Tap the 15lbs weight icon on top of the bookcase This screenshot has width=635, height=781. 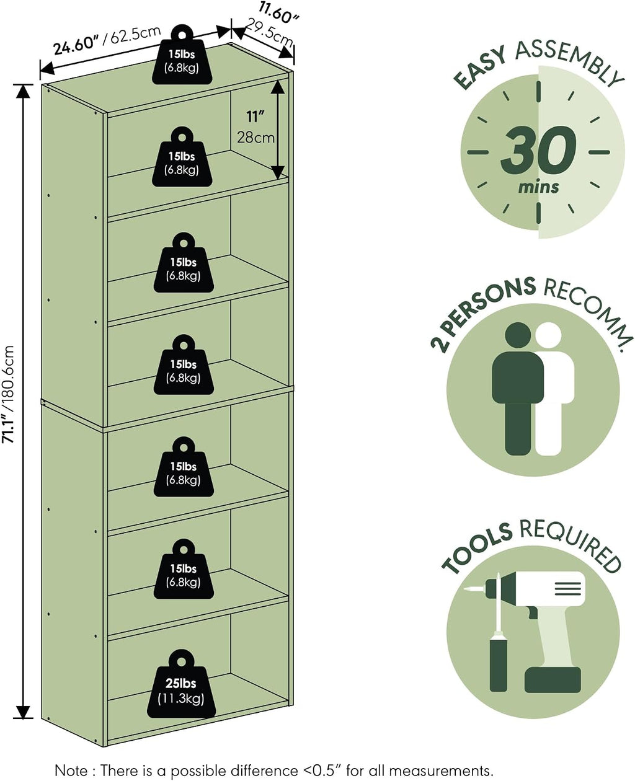pyautogui.click(x=182, y=55)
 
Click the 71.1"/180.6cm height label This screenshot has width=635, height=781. pyautogui.click(x=8, y=395)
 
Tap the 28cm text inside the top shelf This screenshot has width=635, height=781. pyautogui.click(x=255, y=138)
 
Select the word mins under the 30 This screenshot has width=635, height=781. pyautogui.click(x=538, y=187)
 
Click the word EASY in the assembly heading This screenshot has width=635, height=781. pyautogui.click(x=480, y=68)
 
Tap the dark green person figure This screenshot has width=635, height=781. pyautogui.click(x=518, y=388)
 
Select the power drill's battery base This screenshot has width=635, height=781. pyautogui.click(x=553, y=679)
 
